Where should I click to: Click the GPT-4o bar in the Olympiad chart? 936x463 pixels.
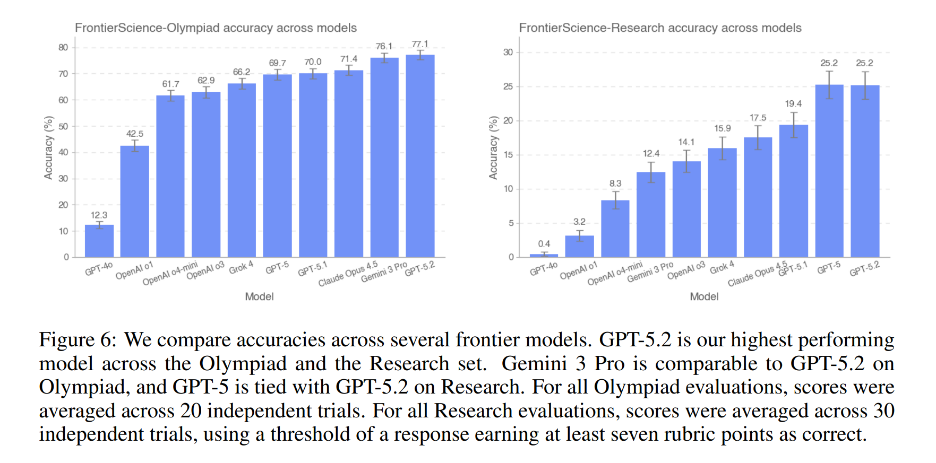(99, 241)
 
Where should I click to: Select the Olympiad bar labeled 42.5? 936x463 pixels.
(135, 202)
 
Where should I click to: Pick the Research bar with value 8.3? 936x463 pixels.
(615, 229)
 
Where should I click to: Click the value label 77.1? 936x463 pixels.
(420, 44)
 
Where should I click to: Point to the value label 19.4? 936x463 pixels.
(793, 104)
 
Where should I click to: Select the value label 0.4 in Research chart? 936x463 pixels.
(544, 244)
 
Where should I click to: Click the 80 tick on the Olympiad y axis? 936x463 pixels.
(63, 47)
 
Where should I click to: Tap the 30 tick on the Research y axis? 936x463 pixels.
(508, 52)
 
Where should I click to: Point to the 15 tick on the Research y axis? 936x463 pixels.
(508, 155)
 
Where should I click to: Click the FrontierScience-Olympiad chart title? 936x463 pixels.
(216, 28)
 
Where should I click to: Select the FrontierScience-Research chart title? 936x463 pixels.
(660, 28)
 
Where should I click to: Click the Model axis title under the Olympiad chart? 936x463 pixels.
(259, 296)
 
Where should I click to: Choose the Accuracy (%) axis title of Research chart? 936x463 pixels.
(493, 148)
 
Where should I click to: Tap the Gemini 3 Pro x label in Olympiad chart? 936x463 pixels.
(384, 272)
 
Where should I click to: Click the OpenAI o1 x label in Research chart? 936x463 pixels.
(578, 270)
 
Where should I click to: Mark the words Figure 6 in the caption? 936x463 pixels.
(77, 339)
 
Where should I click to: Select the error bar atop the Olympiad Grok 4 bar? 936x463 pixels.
(242, 84)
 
